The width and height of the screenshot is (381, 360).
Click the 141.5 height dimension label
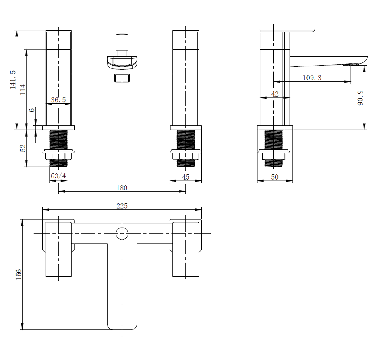pyautogui.click(x=13, y=79)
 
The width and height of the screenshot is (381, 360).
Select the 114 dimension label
pyautogui.click(x=23, y=89)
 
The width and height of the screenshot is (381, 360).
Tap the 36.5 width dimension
pyautogui.click(x=58, y=100)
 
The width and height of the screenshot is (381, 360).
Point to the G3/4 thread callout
pyautogui.click(x=58, y=176)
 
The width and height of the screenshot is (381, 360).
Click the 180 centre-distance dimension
pyautogui.click(x=122, y=188)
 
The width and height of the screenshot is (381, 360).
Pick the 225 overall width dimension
pyautogui.click(x=122, y=206)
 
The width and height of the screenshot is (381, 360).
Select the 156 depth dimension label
pyautogui.click(x=19, y=275)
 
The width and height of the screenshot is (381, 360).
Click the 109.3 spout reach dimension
pyautogui.click(x=312, y=78)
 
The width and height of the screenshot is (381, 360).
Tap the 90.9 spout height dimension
pyautogui.click(x=360, y=98)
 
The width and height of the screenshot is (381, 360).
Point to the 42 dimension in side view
pyautogui.click(x=275, y=94)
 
